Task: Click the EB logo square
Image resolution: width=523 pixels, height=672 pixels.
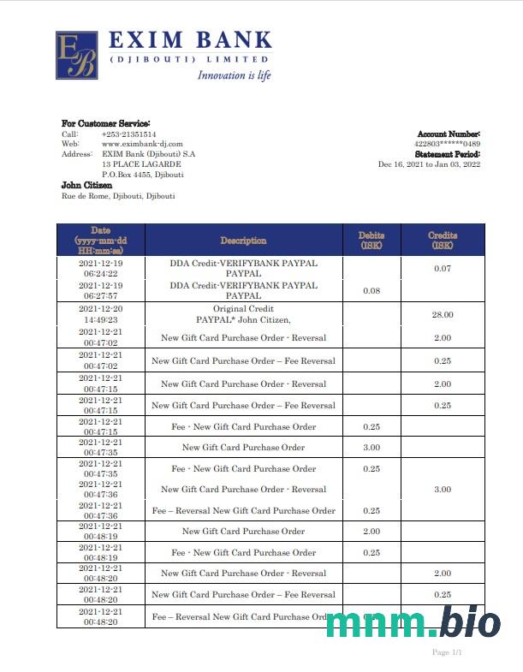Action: tap(76, 56)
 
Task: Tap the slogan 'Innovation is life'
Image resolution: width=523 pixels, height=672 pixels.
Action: tap(234, 75)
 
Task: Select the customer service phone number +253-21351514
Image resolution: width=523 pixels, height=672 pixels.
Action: tap(129, 134)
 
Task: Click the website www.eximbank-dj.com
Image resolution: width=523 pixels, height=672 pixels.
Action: tap(142, 144)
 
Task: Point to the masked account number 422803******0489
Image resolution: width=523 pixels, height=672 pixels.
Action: tap(447, 144)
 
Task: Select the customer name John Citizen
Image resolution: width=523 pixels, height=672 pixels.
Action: tap(86, 185)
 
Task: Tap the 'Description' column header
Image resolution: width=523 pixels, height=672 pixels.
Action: tap(243, 241)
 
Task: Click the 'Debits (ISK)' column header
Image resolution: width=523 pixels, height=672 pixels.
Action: tap(371, 240)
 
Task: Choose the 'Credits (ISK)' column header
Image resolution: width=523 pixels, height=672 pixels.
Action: tap(443, 240)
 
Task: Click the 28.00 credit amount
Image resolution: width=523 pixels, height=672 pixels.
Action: tap(443, 314)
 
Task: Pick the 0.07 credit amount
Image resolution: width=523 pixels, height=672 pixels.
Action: tap(443, 270)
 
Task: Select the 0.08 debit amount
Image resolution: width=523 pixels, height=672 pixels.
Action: tap(371, 291)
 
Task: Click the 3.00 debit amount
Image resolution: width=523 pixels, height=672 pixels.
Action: tap(371, 448)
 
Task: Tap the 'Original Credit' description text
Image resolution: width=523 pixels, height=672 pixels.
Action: tap(243, 308)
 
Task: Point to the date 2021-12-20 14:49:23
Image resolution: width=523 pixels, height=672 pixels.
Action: tap(101, 314)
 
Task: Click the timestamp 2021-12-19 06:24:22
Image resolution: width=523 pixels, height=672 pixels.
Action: tap(101, 268)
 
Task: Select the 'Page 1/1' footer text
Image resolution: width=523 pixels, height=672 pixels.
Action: tap(447, 652)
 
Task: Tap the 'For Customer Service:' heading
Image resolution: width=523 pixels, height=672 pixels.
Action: tap(105, 123)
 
